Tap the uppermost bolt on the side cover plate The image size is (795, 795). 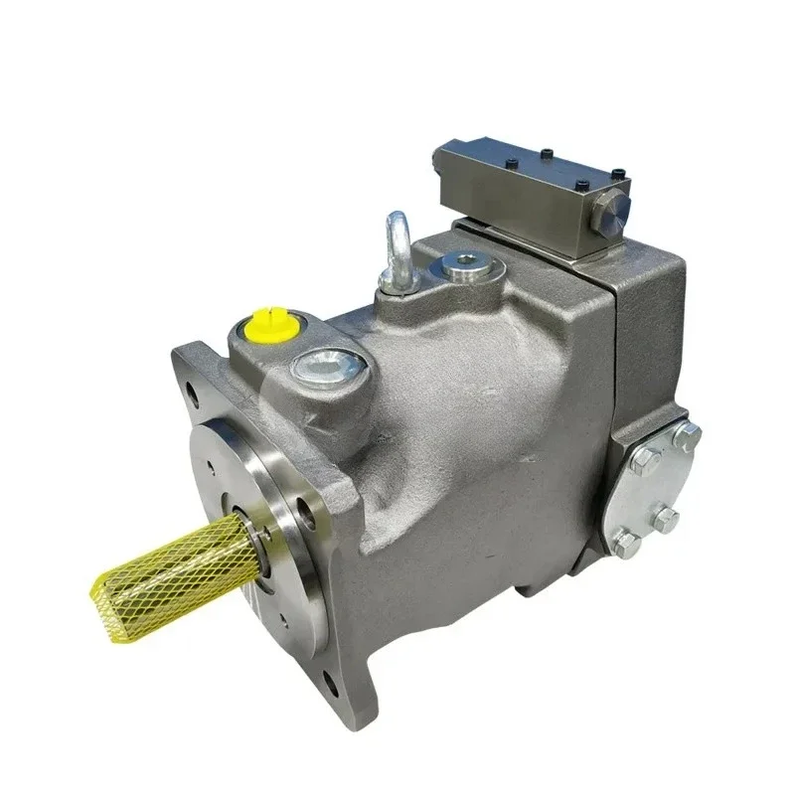tap(687, 433)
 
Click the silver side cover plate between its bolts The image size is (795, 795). tap(656, 487)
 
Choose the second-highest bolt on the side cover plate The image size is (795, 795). tap(644, 458)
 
